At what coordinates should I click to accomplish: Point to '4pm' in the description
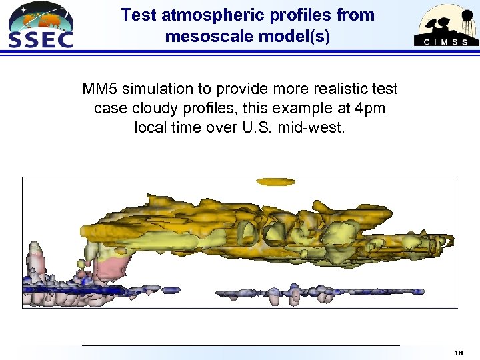click(370, 108)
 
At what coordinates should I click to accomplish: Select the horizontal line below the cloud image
click(240, 345)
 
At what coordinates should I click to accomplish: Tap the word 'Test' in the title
click(139, 15)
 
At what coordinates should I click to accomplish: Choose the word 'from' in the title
click(356, 15)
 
